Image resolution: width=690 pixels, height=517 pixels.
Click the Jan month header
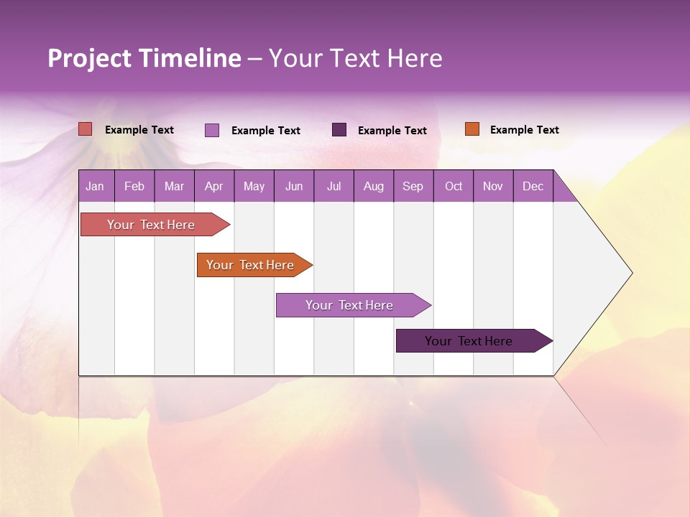(95, 186)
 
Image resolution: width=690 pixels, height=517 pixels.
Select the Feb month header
(134, 186)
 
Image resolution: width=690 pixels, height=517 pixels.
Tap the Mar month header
(174, 186)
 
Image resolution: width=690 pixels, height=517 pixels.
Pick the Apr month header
(213, 186)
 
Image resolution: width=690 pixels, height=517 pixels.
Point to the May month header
(254, 186)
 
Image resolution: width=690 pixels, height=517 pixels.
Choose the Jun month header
(294, 186)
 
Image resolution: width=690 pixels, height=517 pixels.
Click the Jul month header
(333, 186)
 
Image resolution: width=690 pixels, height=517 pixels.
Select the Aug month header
(374, 186)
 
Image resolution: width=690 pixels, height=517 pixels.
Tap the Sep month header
(413, 186)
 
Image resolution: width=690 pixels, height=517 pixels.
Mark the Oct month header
(454, 186)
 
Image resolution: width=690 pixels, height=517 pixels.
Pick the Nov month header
(493, 186)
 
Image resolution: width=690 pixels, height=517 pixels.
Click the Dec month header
(533, 186)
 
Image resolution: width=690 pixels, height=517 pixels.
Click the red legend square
(86, 129)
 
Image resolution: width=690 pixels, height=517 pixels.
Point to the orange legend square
(471, 129)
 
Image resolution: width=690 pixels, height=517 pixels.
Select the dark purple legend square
(339, 129)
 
